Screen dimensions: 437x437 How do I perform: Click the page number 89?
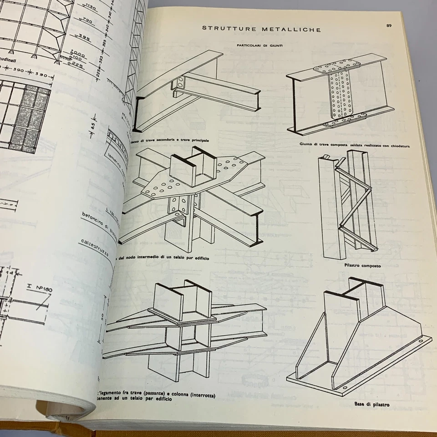point(389,25)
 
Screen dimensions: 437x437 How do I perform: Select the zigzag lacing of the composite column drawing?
point(355,205)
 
